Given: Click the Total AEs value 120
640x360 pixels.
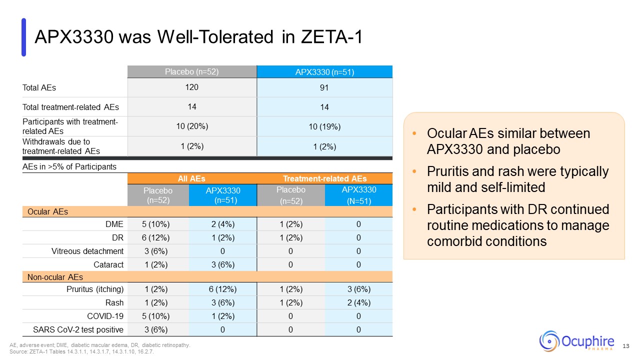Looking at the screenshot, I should (192, 87).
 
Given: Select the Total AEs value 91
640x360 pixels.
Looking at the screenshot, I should (324, 88).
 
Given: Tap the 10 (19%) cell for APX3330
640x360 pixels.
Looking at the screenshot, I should (324, 127).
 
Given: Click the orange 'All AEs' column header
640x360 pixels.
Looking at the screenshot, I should (192, 178).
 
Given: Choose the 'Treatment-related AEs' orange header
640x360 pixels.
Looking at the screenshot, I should (324, 178).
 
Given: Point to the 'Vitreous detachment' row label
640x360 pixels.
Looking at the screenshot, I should (87, 251).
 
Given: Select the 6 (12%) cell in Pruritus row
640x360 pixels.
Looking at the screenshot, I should (222, 289).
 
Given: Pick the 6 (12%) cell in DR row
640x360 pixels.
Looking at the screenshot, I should (158, 237).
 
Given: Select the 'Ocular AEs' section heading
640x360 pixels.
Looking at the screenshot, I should (47, 211).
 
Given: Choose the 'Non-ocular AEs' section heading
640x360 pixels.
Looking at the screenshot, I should (55, 277).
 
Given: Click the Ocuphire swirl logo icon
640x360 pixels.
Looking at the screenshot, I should (549, 341).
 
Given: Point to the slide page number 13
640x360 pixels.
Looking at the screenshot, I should (625, 346).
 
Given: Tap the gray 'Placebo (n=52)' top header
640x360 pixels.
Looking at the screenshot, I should (192, 72).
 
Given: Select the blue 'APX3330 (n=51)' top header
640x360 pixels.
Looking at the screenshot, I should (324, 72).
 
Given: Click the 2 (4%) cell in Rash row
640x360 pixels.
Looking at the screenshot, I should (358, 303).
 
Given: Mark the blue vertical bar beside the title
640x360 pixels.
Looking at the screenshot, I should (23, 37).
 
